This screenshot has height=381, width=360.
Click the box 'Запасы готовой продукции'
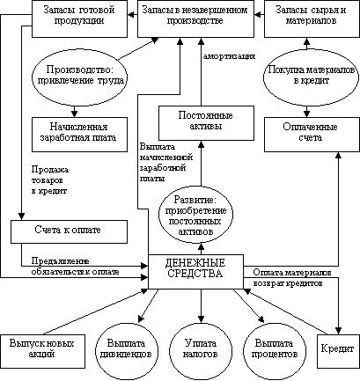[x=79, y=18]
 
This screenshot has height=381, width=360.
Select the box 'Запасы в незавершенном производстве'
[x=196, y=18]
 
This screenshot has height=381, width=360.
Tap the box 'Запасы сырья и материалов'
[x=312, y=18]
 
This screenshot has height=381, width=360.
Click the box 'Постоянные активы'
[x=206, y=123]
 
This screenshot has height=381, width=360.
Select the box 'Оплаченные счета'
[x=312, y=135]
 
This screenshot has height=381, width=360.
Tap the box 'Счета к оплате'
[x=70, y=231]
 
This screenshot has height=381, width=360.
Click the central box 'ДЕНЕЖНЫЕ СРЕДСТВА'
[x=195, y=272]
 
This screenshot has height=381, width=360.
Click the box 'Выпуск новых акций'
[x=42, y=351]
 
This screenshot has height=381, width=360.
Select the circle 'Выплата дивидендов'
[x=126, y=351]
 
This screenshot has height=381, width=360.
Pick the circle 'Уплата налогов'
[x=201, y=351]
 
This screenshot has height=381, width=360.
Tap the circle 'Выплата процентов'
[x=274, y=351]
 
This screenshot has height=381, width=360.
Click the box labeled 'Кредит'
[x=339, y=351]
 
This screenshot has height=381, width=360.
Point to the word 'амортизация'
[x=229, y=56]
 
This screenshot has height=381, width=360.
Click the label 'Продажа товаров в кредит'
[x=50, y=180]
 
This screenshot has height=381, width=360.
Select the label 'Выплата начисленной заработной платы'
[x=166, y=163]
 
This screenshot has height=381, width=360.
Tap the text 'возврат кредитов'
[x=288, y=283]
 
